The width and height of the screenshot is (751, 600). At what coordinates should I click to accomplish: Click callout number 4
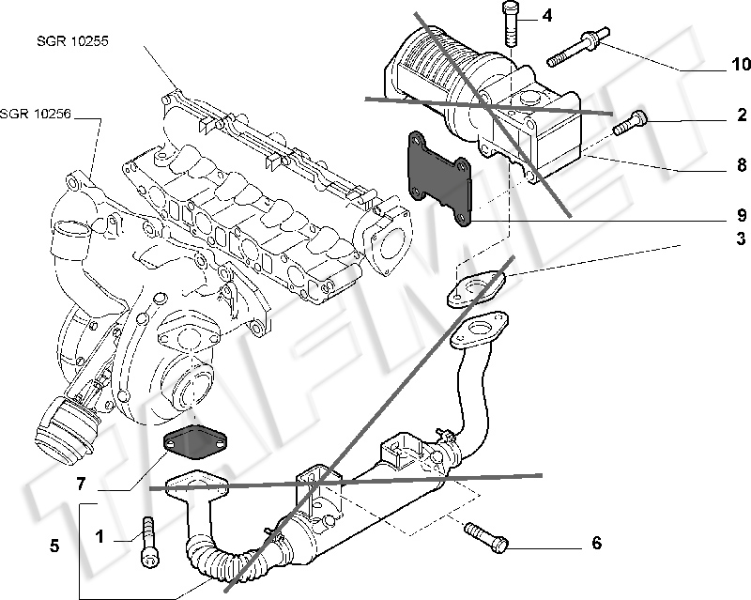(546, 15)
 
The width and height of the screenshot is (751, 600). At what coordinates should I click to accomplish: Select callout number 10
(741, 65)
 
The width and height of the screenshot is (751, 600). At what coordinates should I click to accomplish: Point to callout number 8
(741, 170)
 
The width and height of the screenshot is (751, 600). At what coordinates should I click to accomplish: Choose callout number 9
(741, 212)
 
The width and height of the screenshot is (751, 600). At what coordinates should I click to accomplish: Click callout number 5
(54, 544)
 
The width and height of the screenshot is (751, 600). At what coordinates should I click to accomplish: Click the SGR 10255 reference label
(68, 41)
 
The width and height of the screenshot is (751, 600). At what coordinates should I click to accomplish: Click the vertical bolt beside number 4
(511, 23)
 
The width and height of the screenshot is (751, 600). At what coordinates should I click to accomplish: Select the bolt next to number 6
(486, 537)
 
